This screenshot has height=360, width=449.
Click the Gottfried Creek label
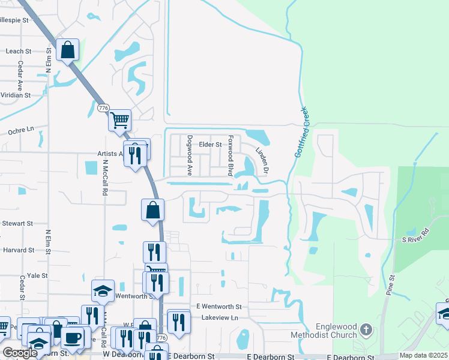coord(301,132)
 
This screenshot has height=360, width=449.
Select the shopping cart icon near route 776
coord(119,120)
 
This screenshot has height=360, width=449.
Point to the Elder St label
coord(210,145)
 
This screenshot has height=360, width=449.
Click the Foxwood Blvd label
coord(230,155)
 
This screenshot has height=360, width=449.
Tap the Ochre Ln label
coord(19,130)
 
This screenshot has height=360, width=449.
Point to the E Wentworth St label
coord(218,307)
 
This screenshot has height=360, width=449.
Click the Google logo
coord(20,353)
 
